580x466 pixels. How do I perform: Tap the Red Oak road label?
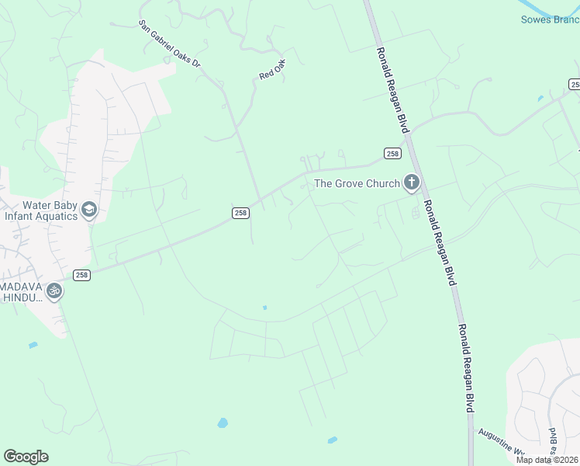pyautogui.click(x=272, y=69)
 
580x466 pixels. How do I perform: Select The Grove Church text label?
pyautogui.click(x=357, y=184)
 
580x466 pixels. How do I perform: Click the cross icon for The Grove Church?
pyautogui.click(x=411, y=183)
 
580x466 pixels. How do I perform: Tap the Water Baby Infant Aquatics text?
pyautogui.click(x=40, y=210)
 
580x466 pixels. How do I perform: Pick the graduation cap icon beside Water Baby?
pyautogui.click(x=89, y=210)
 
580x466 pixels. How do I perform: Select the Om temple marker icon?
pyautogui.click(x=54, y=291)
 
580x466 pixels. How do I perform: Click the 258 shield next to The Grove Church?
pyautogui.click(x=392, y=154)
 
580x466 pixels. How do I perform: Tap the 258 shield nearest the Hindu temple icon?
pyautogui.click(x=82, y=275)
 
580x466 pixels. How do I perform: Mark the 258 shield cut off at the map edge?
pyautogui.click(x=575, y=84)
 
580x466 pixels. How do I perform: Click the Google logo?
pyautogui.click(x=26, y=457)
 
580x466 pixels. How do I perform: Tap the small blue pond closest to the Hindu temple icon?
pyautogui.click(x=33, y=345)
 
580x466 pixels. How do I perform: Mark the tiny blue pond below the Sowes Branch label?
pyautogui.click(x=540, y=99)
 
